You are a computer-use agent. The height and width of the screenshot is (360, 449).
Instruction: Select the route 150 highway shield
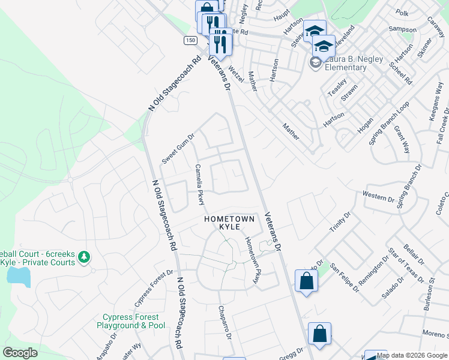pyautogui.click(x=190, y=40)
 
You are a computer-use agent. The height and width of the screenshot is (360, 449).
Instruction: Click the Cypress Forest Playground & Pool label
pyautogui.click(x=131, y=321)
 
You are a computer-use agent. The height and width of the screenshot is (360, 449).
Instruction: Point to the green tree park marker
pyautogui.click(x=84, y=257)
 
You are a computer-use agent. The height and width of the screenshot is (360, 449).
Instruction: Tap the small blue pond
pyautogui.click(x=19, y=276)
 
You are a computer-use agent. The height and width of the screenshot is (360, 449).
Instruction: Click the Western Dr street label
pyautogui.click(x=378, y=195)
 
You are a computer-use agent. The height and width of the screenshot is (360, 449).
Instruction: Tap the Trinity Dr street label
pyautogui.click(x=339, y=222)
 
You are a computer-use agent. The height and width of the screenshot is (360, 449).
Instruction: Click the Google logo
pyautogui.click(x=20, y=353)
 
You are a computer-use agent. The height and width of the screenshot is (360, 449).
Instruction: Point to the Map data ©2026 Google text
pyautogui.click(x=412, y=355)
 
